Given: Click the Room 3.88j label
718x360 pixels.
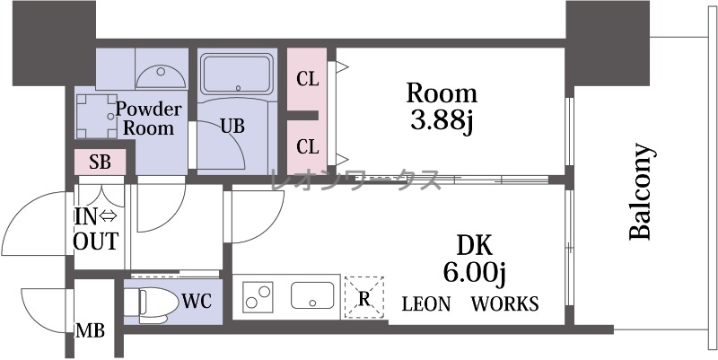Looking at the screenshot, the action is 442,107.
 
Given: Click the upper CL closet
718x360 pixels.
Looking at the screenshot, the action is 307,79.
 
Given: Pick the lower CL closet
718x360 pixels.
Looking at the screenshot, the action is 307,146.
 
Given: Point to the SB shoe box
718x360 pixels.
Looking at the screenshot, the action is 101,162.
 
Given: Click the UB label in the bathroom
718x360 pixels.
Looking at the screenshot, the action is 232,126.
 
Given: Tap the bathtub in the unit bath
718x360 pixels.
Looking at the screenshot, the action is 237,74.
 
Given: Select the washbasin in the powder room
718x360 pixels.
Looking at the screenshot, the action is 161,77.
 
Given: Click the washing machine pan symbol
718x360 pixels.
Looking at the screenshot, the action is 97,116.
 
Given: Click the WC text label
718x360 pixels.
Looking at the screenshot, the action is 197,302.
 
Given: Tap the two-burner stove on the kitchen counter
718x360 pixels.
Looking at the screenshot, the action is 258,297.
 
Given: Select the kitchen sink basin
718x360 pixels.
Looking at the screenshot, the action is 312,295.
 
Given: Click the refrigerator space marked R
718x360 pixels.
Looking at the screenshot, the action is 364,297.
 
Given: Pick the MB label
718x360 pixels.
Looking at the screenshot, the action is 91,329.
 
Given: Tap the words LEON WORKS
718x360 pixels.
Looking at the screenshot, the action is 470,303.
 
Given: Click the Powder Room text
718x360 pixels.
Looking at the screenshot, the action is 148,119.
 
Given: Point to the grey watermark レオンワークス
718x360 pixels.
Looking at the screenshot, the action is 355,180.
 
